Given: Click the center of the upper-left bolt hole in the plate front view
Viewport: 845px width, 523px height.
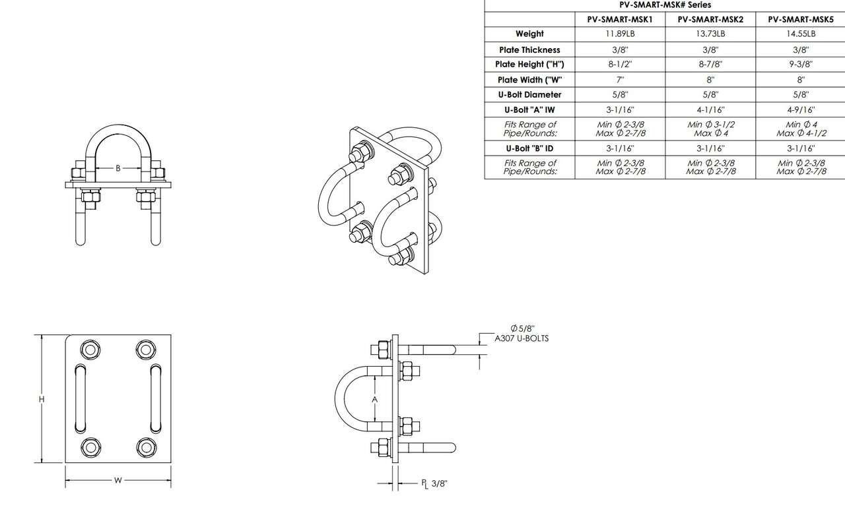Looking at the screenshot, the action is click(x=90, y=350).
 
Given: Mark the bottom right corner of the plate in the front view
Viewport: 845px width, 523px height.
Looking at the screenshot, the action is click(x=171, y=463).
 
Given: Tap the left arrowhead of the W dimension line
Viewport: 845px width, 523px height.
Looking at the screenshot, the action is click(x=68, y=480).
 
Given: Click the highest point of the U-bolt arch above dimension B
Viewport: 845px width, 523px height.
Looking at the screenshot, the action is click(x=118, y=125).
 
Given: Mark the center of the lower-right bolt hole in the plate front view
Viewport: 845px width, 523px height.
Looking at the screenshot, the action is click(x=146, y=447).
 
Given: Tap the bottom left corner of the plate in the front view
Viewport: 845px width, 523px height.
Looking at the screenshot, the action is click(x=65, y=463).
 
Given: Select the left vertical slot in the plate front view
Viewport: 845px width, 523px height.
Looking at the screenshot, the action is click(x=80, y=398).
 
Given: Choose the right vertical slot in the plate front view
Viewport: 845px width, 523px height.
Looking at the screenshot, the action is click(x=156, y=398).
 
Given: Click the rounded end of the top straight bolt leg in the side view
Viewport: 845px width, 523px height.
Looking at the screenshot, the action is click(x=454, y=350).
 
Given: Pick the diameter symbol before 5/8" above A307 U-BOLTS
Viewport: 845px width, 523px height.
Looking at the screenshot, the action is click(x=514, y=328).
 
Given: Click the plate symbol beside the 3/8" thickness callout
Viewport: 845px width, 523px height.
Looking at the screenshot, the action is click(x=424, y=484).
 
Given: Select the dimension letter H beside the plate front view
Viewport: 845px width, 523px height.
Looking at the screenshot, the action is click(x=42, y=399).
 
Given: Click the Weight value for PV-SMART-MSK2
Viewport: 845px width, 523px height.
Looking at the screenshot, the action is click(x=710, y=34).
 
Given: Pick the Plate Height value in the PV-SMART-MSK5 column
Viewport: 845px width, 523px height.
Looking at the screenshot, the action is click(x=801, y=64).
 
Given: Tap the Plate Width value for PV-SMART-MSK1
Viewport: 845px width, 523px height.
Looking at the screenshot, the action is click(x=620, y=80).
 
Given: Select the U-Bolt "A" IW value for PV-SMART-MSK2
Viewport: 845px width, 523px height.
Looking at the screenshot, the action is click(x=710, y=110).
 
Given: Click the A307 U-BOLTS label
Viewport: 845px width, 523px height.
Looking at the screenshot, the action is click(x=522, y=338).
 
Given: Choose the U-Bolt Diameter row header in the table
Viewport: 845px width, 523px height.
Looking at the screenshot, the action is click(x=529, y=94).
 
